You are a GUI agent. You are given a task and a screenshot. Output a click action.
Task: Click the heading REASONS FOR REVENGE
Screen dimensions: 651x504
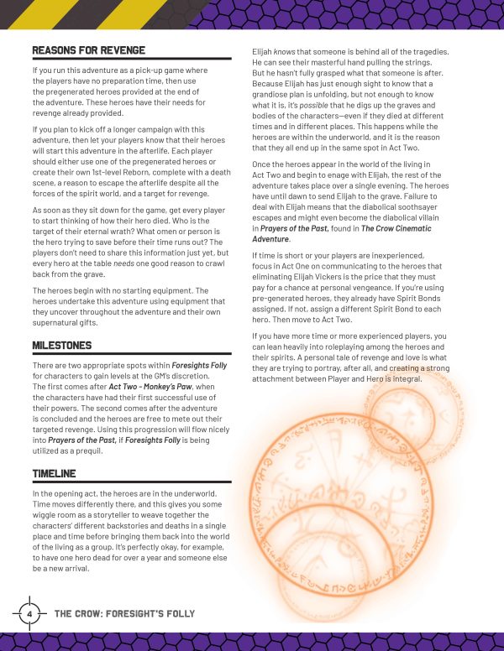[88, 51]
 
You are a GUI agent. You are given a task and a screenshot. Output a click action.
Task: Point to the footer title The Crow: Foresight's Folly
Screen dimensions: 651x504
[132, 613]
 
